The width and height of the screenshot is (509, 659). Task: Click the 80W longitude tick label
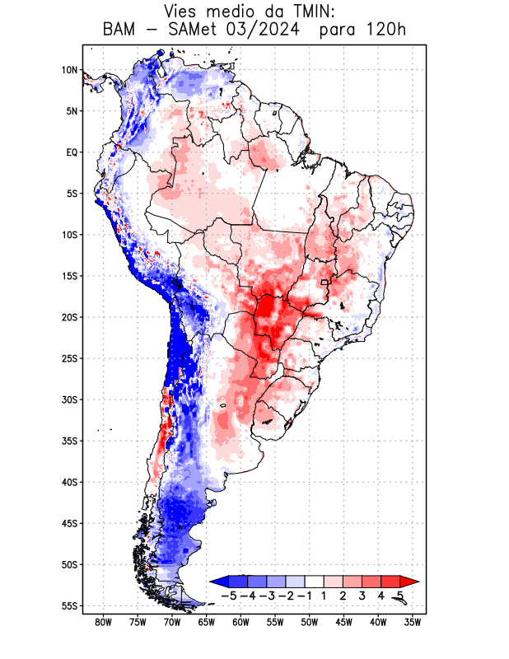pyautogui.click(x=103, y=622)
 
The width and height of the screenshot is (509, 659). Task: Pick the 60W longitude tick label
pyautogui.click(x=240, y=622)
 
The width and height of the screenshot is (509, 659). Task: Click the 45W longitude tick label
pyautogui.click(x=344, y=622)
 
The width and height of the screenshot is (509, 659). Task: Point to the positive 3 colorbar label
pyautogui.click(x=362, y=595)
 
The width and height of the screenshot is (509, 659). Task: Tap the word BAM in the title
pyautogui.click(x=120, y=30)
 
